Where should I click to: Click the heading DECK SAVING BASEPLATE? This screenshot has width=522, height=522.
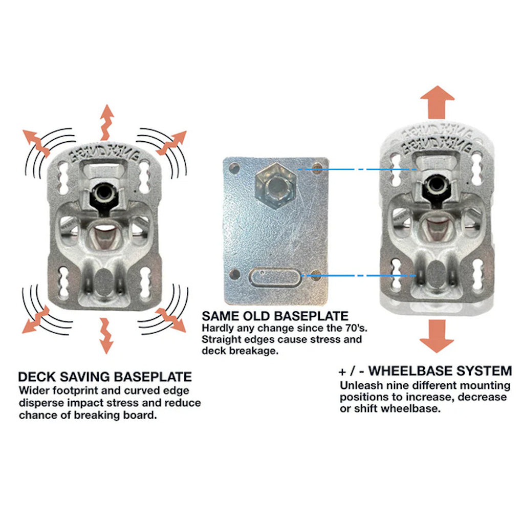coord(105,377)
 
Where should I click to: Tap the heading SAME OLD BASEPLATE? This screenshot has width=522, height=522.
coord(275,316)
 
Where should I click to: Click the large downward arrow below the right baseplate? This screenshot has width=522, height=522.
coord(437,335)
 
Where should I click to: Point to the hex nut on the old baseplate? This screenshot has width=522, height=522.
coord(274,186)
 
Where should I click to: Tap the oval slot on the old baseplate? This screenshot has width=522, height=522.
coord(273,278)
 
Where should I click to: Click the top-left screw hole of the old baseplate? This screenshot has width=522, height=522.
coord(234,167)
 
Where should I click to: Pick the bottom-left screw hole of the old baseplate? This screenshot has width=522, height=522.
coord(234,274)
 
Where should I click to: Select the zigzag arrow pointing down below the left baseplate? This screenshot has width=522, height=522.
coord(105,335)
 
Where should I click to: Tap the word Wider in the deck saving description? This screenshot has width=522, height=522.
coord(32,390)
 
